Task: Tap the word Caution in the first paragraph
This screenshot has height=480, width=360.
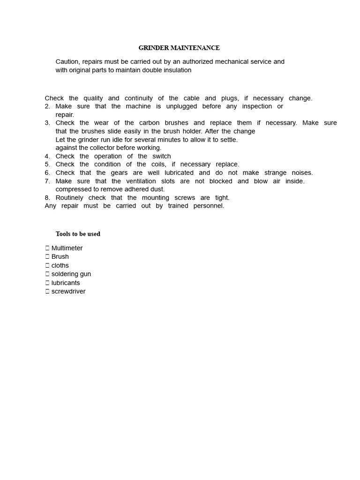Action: pos(67,62)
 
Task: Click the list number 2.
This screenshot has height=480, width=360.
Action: pos(47,106)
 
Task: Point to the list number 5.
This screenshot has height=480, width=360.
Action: pos(47,165)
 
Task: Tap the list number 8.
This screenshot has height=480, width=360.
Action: pos(47,198)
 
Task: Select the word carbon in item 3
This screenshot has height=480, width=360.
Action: pos(150,123)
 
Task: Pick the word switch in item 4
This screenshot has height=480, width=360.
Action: pos(162,156)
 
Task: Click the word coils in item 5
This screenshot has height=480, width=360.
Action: pos(157,165)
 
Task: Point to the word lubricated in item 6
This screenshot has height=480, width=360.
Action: pos(177,173)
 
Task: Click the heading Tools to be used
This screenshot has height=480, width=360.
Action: pos(78,234)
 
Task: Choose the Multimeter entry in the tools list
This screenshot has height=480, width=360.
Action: pos(67,248)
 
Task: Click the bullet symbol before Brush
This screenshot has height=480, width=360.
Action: pos(47,257)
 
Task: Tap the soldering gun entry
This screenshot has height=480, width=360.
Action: pos(71,274)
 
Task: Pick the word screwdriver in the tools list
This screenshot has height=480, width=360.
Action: pos(68,292)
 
